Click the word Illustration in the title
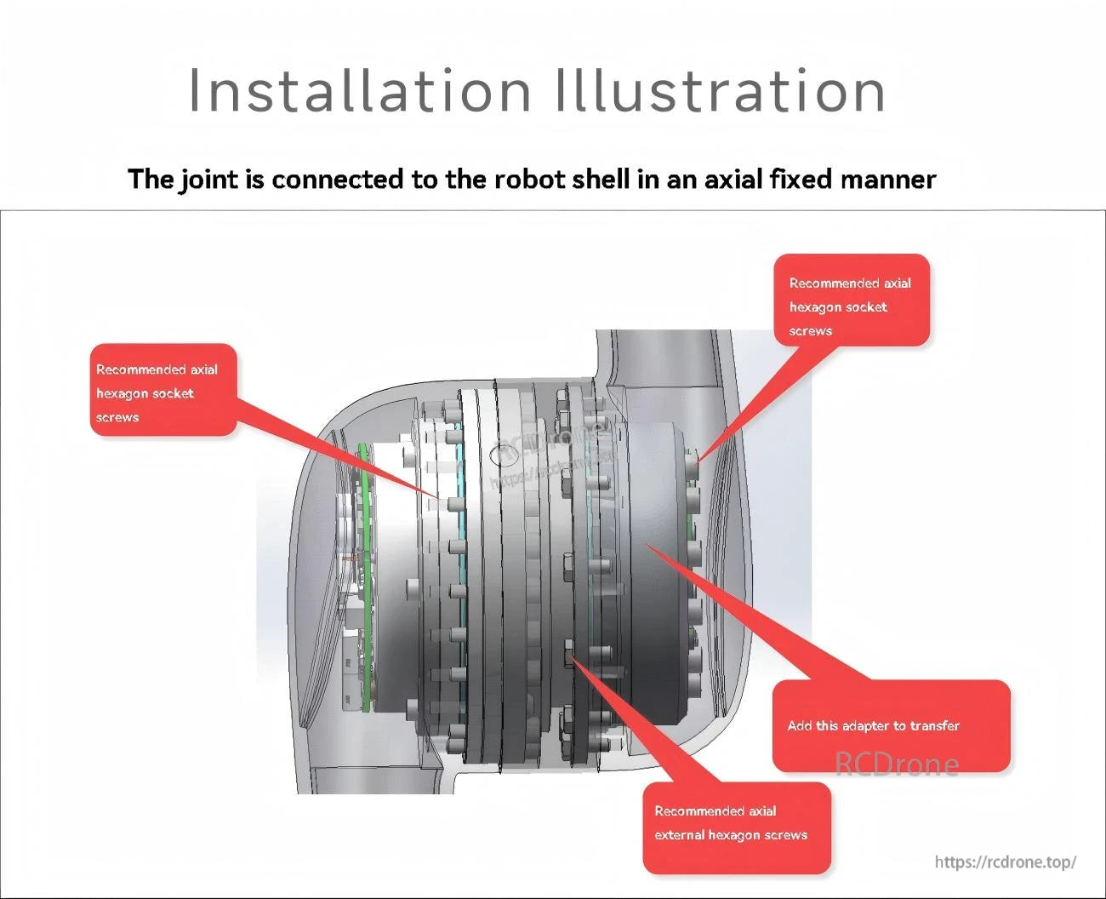(x=720, y=90)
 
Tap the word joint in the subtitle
(x=208, y=180)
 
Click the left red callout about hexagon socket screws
(x=162, y=391)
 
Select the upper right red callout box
(x=851, y=300)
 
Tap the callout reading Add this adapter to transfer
(x=891, y=725)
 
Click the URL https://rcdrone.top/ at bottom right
(x=1005, y=862)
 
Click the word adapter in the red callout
(x=865, y=726)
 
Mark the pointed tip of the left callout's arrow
(x=440, y=499)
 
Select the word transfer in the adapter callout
(x=934, y=726)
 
